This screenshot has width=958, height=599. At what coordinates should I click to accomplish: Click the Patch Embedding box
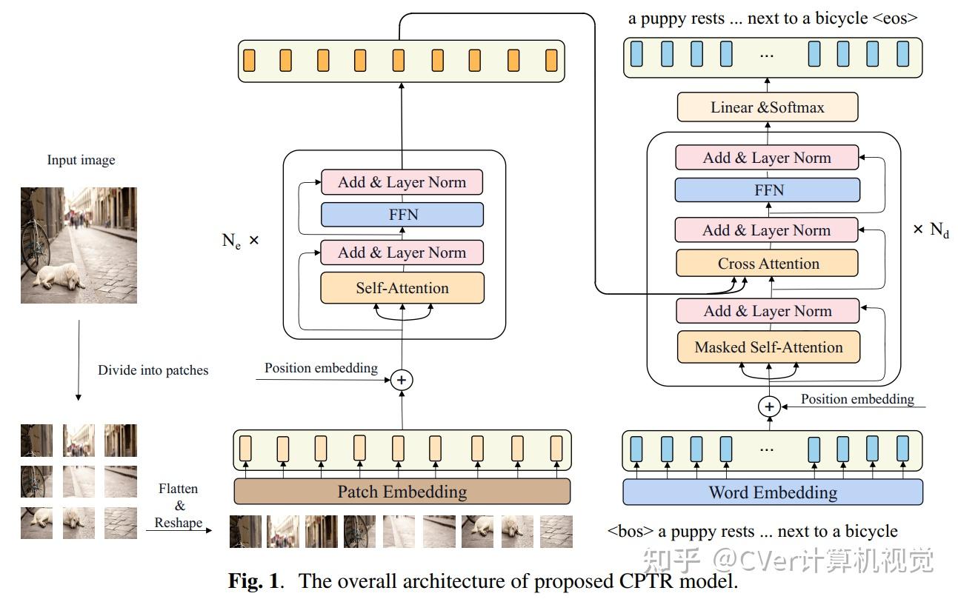pos(402,492)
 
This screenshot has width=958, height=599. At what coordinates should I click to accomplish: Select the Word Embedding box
pos(772,492)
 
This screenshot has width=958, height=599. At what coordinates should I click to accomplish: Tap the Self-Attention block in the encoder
pos(402,288)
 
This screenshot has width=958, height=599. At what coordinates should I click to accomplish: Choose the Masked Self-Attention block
pos(768,347)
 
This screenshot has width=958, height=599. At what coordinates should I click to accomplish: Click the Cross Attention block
pos(768,264)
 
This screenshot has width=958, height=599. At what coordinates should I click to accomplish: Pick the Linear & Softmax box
pos(767,107)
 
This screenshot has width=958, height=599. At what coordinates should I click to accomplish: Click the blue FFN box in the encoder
pos(402,215)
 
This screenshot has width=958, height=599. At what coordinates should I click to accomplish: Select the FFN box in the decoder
pos(768,190)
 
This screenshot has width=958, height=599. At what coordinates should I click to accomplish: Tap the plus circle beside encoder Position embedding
pos(402,380)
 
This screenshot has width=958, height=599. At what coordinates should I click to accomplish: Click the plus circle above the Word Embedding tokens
pos(769,406)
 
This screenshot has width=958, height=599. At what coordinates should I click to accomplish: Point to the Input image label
pos(81,160)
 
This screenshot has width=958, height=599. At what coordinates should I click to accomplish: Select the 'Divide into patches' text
pos(153,370)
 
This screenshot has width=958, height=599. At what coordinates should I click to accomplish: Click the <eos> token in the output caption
pos(895,19)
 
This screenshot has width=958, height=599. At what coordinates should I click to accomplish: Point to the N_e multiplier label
pos(239,241)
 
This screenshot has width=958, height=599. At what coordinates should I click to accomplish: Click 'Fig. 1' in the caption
pos(255,580)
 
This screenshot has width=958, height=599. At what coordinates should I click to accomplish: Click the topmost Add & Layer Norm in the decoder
pos(767,158)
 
